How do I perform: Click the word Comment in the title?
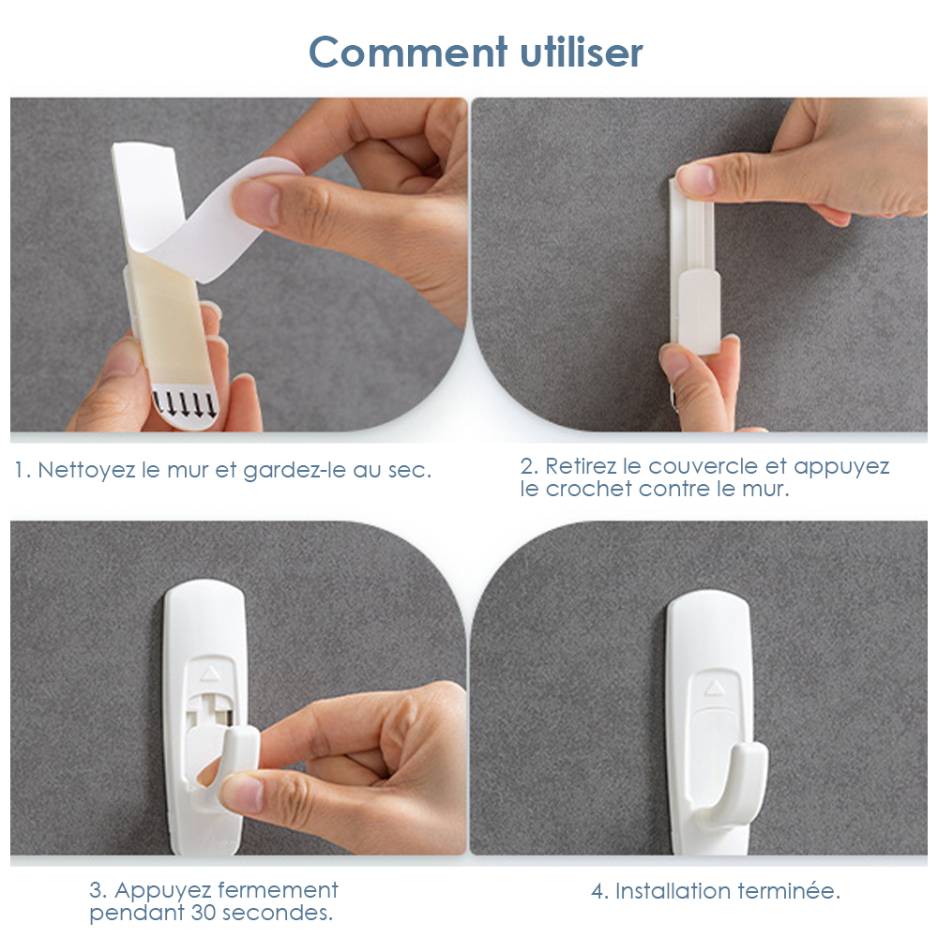point(408,52)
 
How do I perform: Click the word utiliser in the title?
point(582,52)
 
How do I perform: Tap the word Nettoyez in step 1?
point(86,471)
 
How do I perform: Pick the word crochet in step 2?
point(589,490)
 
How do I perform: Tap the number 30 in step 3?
point(203,913)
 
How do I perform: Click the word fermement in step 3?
point(278,890)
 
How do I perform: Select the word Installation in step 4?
point(673,891)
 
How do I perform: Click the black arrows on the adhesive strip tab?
point(184,403)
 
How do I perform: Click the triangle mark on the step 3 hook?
point(209,674)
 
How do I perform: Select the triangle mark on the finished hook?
point(714,688)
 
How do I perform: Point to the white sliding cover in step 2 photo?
point(699,311)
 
